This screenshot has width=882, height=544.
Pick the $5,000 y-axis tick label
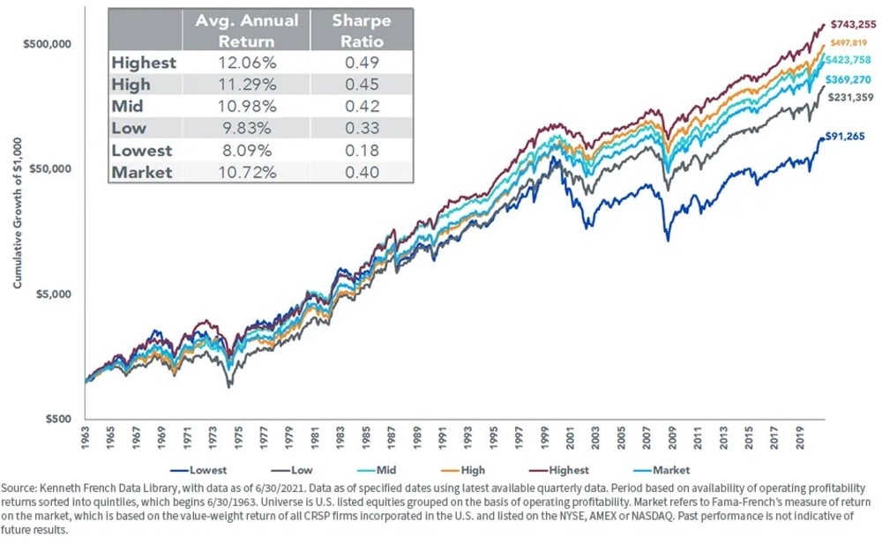[49, 294]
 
